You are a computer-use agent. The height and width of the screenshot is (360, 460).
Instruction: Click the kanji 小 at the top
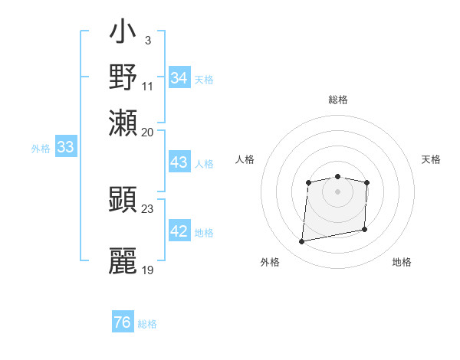click(123, 34)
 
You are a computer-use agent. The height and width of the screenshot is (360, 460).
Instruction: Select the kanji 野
click(123, 77)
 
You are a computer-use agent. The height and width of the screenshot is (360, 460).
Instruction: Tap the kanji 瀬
click(123, 123)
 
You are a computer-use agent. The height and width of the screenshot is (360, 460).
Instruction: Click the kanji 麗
click(123, 261)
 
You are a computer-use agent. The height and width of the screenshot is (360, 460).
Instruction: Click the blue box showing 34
click(179, 78)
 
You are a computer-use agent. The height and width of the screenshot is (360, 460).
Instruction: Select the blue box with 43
click(179, 162)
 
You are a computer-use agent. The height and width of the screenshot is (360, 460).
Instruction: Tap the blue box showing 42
click(179, 232)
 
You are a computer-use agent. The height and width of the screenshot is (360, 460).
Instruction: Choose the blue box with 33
click(65, 148)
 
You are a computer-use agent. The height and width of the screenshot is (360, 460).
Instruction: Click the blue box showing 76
click(123, 322)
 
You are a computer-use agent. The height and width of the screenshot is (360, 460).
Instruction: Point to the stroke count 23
click(148, 209)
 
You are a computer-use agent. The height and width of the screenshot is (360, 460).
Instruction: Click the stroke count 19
click(148, 270)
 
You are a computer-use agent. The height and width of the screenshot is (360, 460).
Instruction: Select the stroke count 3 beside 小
click(147, 40)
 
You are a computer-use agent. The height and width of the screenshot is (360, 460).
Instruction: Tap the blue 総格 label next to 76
click(148, 324)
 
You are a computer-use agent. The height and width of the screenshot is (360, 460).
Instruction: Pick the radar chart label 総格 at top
click(338, 100)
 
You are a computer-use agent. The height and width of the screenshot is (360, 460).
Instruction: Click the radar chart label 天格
click(431, 159)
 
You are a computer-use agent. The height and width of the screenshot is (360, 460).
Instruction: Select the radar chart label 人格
click(245, 159)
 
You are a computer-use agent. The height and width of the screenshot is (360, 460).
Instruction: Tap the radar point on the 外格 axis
click(302, 242)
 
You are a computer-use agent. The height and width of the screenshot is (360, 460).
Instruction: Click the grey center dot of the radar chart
click(338, 191)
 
